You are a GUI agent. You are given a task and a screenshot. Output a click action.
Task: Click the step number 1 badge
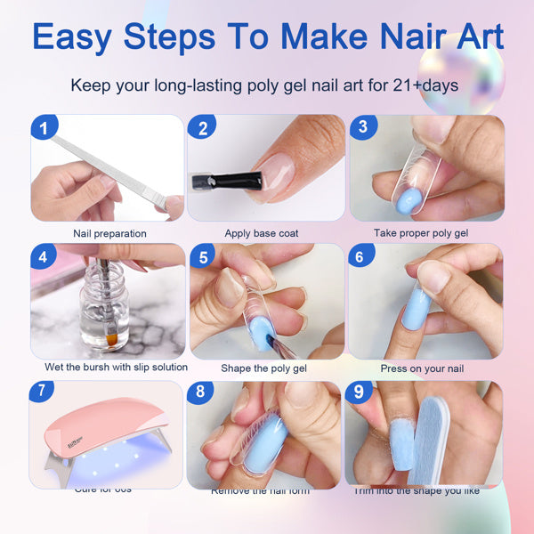pos(42,128)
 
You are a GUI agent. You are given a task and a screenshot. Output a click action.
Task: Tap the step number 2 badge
pos(203,128)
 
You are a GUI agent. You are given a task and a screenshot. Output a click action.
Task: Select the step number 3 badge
pos(361,127)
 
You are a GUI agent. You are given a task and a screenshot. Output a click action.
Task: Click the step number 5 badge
pos(203,258)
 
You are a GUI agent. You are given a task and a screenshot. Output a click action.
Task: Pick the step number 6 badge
pos(361,258)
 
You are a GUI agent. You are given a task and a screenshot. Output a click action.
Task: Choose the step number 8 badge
pos(201,391)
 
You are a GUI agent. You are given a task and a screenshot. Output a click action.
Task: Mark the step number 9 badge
pos(359,391)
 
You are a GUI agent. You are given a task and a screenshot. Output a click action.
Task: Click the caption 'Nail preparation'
pos(110,234)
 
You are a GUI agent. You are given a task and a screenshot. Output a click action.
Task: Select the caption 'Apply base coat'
pos(261,234)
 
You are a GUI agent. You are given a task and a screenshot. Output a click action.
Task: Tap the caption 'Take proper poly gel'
pos(422,234)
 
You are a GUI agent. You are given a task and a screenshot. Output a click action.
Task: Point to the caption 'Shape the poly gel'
pos(264,368)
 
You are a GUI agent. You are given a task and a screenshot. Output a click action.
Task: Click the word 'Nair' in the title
pos(387,37)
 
